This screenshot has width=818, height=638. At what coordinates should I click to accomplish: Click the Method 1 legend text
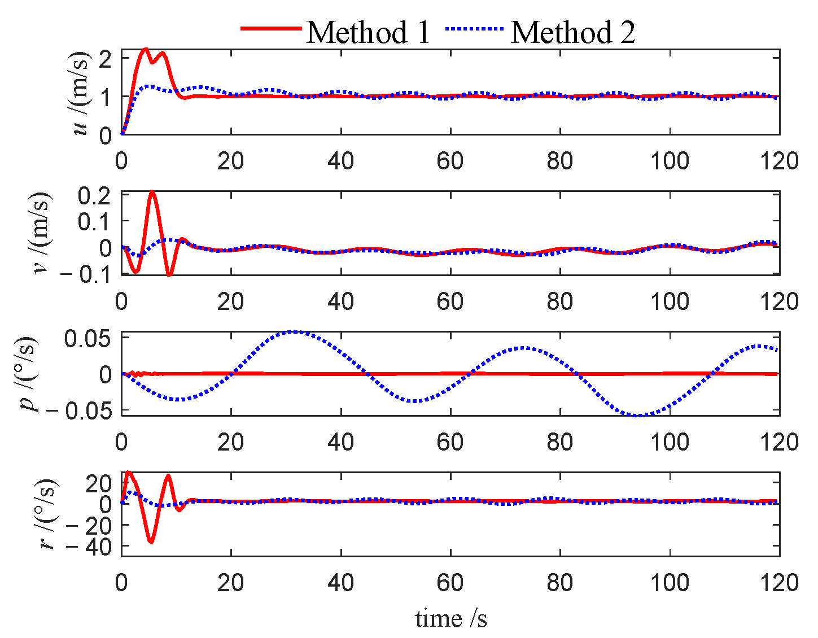tap(368, 32)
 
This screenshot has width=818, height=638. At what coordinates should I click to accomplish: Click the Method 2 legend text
tap(572, 32)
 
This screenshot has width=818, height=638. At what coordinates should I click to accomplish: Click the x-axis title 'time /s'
tap(450, 618)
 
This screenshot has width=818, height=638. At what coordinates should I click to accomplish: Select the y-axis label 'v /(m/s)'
tap(41, 233)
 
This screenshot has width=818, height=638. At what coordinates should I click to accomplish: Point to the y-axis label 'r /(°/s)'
tap(46, 514)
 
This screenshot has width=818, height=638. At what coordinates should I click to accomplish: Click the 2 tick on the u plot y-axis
tap(105, 59)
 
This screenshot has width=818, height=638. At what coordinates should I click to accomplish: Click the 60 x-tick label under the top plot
tap(450, 161)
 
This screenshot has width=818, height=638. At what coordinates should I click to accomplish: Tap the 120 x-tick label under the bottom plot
tap(778, 582)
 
